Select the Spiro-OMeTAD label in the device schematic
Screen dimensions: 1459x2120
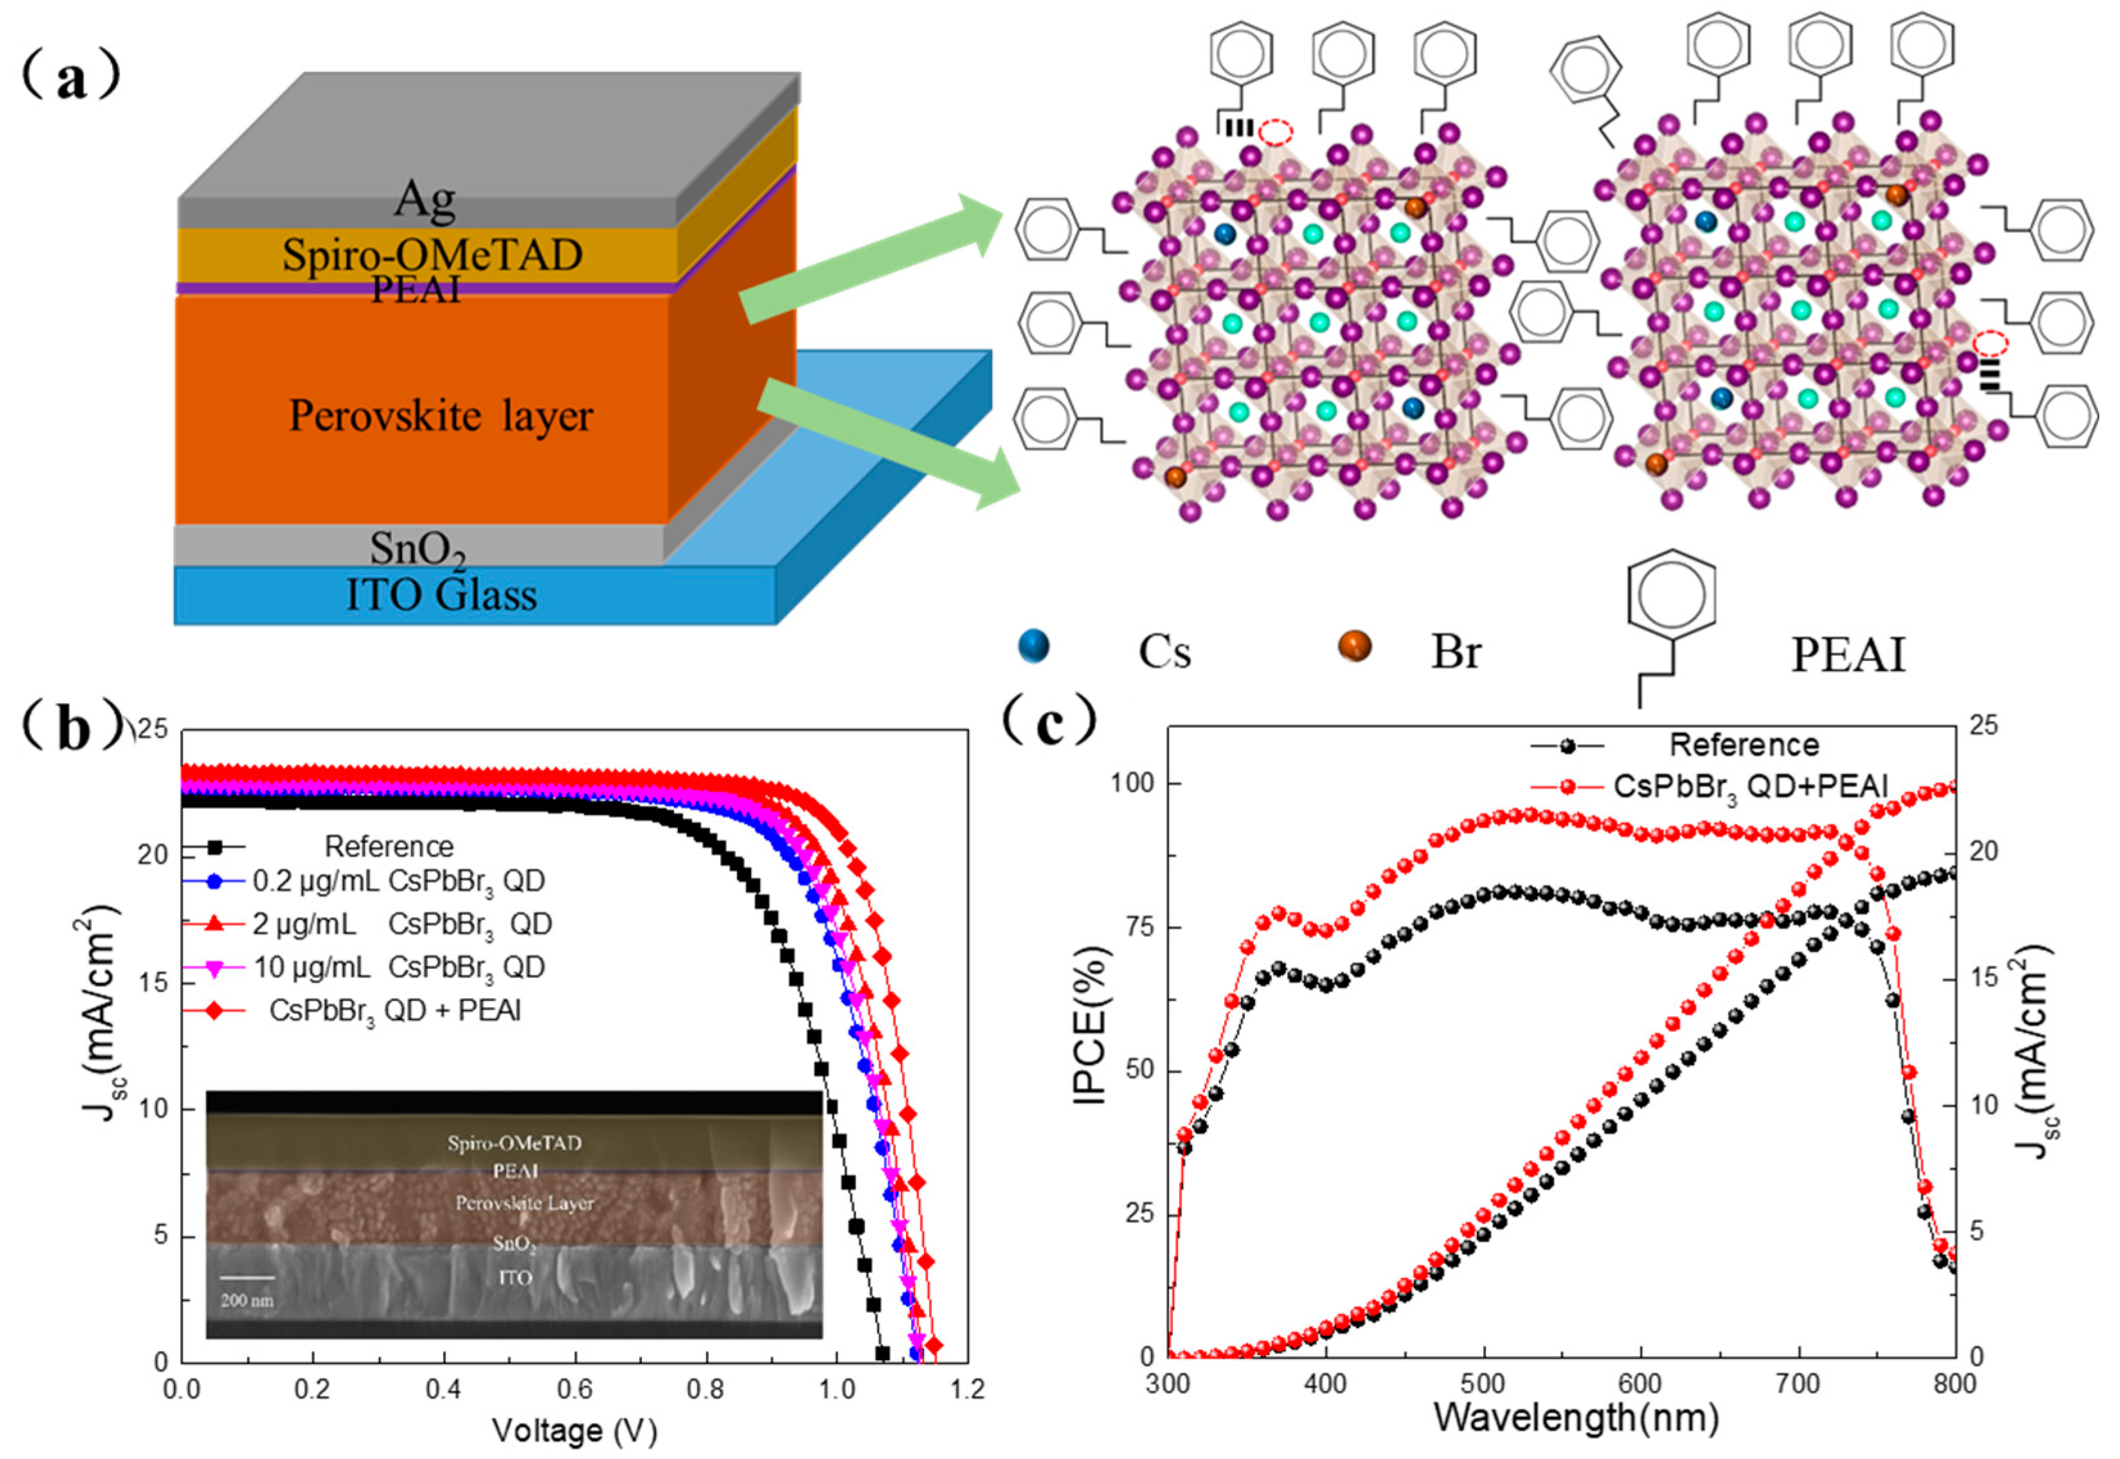[x=432, y=254]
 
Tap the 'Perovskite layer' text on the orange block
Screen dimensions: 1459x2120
[x=441, y=416]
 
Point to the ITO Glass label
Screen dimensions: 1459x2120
[x=441, y=595]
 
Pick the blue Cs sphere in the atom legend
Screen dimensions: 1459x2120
[x=1034, y=646]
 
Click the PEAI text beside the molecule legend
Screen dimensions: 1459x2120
[x=1847, y=655]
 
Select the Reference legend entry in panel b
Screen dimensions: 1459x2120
[x=389, y=847]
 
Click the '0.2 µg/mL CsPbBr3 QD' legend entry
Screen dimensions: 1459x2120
[x=398, y=881]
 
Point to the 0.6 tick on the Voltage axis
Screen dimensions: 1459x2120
[x=576, y=1390]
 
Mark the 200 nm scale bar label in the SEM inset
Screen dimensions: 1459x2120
[x=247, y=1300]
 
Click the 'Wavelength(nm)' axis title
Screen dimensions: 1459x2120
[x=1576, y=1418]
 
